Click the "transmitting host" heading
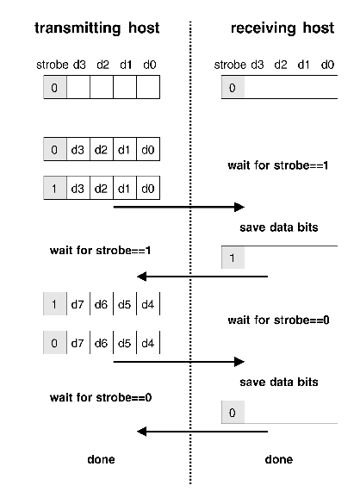(96, 28)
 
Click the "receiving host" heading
(282, 28)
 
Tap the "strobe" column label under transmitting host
(53, 64)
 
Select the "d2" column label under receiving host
(281, 64)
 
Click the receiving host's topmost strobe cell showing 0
(232, 88)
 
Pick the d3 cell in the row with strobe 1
(78, 187)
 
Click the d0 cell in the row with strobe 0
(148, 150)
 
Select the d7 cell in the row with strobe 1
(78, 304)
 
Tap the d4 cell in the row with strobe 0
(148, 343)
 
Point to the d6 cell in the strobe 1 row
(102, 304)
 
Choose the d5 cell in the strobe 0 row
(125, 343)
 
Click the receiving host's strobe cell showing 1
(232, 257)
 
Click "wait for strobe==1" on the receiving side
(278, 165)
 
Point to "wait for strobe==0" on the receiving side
(278, 320)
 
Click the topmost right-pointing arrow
(179, 207)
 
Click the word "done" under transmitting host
(101, 459)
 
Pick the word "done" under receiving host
(278, 459)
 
